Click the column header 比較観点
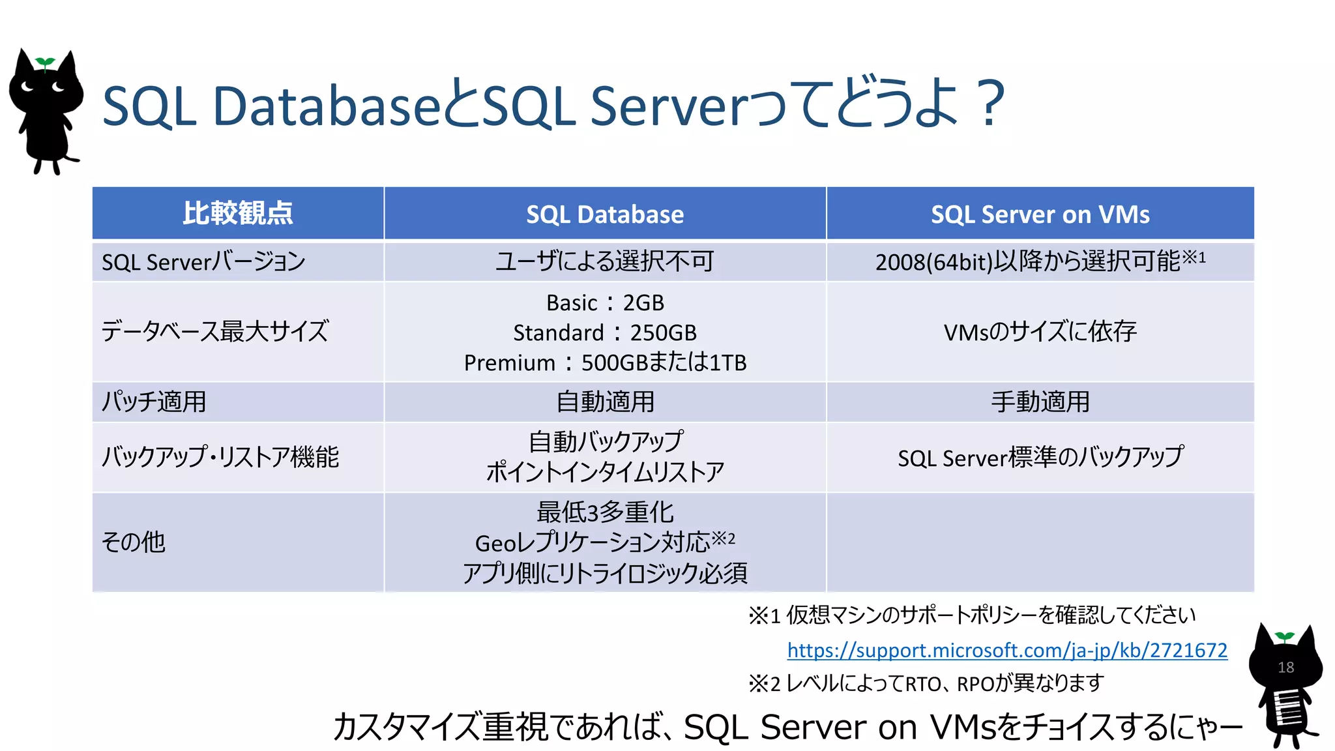tap(238, 213)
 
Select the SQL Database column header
tap(605, 214)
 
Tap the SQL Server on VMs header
tap(1040, 214)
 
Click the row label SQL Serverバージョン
tap(203, 262)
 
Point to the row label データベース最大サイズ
tap(215, 332)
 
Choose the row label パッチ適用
tap(154, 402)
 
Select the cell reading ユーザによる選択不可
tap(605, 261)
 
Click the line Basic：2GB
tap(605, 302)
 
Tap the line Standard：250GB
tap(605, 332)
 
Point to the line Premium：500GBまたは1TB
tap(605, 362)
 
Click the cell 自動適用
tap(605, 402)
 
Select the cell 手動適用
tap(1040, 402)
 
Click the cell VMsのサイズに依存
tap(1040, 332)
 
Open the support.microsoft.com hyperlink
tap(1007, 650)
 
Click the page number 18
tap(1286, 668)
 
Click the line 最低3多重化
tap(605, 512)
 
